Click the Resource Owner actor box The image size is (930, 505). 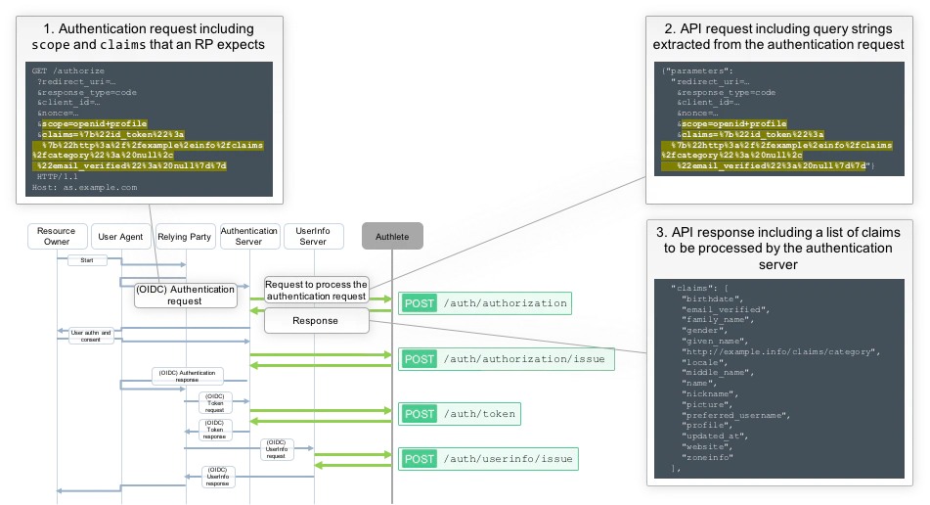click(58, 237)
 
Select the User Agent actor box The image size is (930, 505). click(120, 237)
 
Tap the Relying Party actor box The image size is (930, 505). click(185, 237)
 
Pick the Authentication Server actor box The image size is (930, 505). click(249, 237)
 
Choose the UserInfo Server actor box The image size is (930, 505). click(312, 237)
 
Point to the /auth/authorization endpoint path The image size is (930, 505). click(505, 303)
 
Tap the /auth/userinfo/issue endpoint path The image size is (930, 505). click(509, 458)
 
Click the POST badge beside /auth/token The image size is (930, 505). click(420, 414)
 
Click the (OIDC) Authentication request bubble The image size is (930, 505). click(186, 295)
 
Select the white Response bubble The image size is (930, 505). click(315, 320)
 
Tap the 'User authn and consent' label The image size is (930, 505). click(92, 336)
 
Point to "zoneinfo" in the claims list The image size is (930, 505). click(707, 458)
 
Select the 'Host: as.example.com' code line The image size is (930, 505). click(84, 186)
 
